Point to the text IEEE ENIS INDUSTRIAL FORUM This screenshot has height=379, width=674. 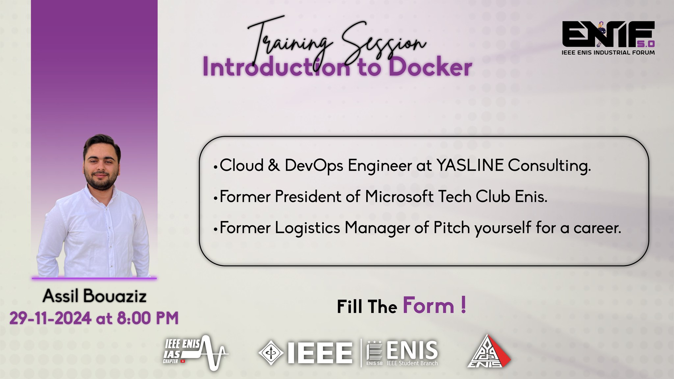[608, 52]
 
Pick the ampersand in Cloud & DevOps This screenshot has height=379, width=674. [274, 165]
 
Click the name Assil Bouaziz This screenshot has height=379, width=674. [95, 296]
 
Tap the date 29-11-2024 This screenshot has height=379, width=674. [50, 318]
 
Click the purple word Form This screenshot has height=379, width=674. [428, 306]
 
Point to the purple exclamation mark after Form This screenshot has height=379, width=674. [463, 305]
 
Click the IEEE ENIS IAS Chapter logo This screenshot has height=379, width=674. [196, 353]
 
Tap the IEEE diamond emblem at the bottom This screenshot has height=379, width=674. [271, 353]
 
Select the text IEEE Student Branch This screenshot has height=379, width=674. [412, 363]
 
